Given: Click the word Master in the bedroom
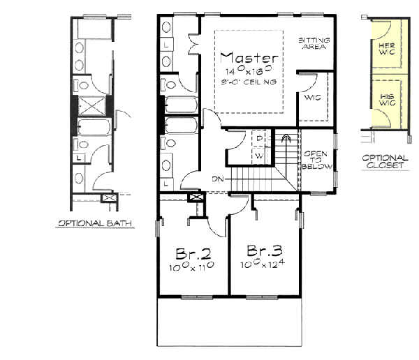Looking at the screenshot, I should [x=249, y=58].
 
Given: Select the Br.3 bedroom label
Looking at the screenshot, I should [x=263, y=251].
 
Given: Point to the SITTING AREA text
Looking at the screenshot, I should [x=314, y=45].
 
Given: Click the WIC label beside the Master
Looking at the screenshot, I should [x=311, y=98].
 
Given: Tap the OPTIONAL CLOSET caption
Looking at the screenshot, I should [x=385, y=163].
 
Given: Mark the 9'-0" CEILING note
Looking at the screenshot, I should [x=249, y=82].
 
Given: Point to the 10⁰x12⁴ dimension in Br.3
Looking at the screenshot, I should [x=263, y=266].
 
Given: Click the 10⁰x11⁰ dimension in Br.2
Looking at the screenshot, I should [x=189, y=267].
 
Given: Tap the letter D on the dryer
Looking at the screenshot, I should [x=258, y=140].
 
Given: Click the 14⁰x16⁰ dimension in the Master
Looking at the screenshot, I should [x=249, y=71].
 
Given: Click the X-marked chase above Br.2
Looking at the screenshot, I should [x=196, y=197].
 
